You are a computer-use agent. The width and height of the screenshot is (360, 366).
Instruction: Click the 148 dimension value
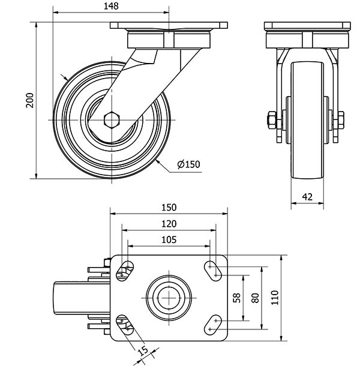coord(111,6)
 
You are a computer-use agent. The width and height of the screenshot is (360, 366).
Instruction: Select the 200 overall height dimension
coord(29,100)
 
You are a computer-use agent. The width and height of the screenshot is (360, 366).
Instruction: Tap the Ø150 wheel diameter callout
coord(188,164)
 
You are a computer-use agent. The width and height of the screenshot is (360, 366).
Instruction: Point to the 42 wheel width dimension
coord(307,197)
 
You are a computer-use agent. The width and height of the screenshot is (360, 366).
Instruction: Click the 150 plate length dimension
coord(169,208)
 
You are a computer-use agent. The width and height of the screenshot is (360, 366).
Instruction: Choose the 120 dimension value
coord(169,224)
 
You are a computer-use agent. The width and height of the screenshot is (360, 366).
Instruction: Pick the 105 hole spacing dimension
coord(169,240)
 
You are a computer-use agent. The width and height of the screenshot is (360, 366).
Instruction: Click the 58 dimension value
coord(237,298)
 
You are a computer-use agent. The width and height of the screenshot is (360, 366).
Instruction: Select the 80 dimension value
coord(256,298)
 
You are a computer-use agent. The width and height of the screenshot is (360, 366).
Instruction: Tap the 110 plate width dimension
coord(275,298)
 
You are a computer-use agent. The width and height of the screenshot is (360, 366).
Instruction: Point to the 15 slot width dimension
coord(143,351)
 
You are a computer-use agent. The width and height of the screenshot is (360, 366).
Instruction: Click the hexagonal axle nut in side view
coord(112,120)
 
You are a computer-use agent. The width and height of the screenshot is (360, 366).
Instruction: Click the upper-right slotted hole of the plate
coord(213,271)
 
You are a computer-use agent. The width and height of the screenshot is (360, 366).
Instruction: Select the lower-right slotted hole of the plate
coord(213,325)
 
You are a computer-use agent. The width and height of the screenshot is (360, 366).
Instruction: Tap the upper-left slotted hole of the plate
coord(125,271)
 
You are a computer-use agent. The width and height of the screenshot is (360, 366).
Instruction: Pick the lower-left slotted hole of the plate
coord(125,325)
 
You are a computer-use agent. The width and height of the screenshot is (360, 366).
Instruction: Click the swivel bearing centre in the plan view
coord(169,298)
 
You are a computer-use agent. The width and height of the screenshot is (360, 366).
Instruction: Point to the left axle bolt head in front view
coord(272,120)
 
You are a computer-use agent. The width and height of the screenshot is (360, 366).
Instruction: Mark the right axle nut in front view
coord(341,120)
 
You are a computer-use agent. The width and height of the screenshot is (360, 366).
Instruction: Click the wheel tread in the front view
coord(307,120)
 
